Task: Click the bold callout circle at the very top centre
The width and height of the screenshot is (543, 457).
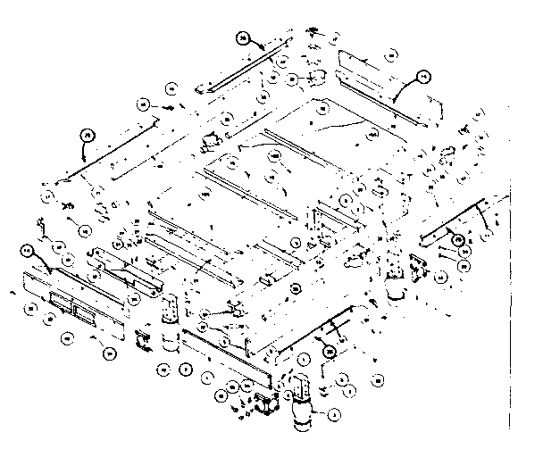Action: pyautogui.click(x=243, y=37)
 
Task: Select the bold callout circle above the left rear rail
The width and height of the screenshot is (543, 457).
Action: pyautogui.click(x=87, y=134)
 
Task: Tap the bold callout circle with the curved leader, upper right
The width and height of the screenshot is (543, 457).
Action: pyautogui.click(x=424, y=76)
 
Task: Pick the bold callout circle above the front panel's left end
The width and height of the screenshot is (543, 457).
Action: pyautogui.click(x=28, y=251)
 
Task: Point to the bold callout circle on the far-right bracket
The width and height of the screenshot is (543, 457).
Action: pyautogui.click(x=455, y=238)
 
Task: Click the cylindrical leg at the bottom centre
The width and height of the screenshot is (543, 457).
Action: pyautogui.click(x=301, y=413)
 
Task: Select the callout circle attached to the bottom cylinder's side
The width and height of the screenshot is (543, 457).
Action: pyautogui.click(x=331, y=413)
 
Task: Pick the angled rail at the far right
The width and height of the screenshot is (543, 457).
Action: pyautogui.click(x=455, y=223)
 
